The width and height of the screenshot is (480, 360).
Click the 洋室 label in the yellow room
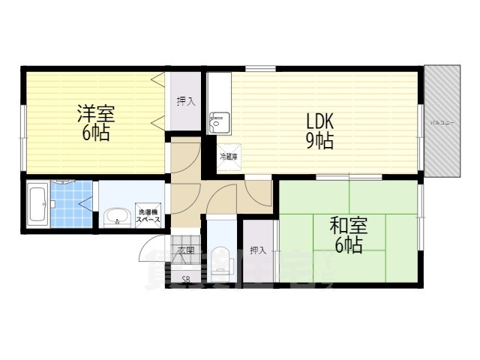coord(94,115)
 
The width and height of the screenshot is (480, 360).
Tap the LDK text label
coord(319,122)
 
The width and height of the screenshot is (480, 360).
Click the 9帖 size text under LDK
coord(319,141)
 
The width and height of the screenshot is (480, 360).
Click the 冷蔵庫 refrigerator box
coord(228,157)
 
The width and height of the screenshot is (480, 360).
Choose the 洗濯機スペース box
coord(148,215)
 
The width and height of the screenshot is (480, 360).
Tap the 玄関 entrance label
coord(186,250)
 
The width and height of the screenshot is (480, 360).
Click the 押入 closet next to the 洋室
coord(185,101)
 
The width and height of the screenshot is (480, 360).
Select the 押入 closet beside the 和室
coord(258,250)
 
